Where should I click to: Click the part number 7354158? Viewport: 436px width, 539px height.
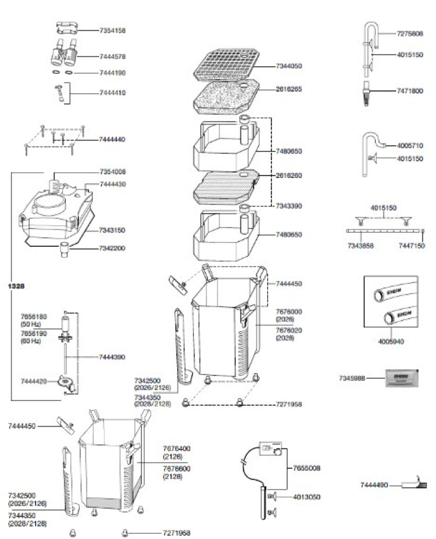coord(112,30)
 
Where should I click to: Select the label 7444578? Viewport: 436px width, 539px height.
coord(112,57)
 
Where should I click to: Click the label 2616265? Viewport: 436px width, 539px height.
coord(289,89)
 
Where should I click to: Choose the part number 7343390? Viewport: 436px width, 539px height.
coord(289,206)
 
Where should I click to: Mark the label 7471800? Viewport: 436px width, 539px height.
coord(410,91)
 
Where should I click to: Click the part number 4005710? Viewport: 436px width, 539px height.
coord(410,145)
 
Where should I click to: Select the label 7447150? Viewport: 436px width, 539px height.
coord(411,245)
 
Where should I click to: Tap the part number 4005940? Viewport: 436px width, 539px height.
coord(392,342)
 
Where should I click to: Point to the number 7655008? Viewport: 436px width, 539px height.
coord(307,468)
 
